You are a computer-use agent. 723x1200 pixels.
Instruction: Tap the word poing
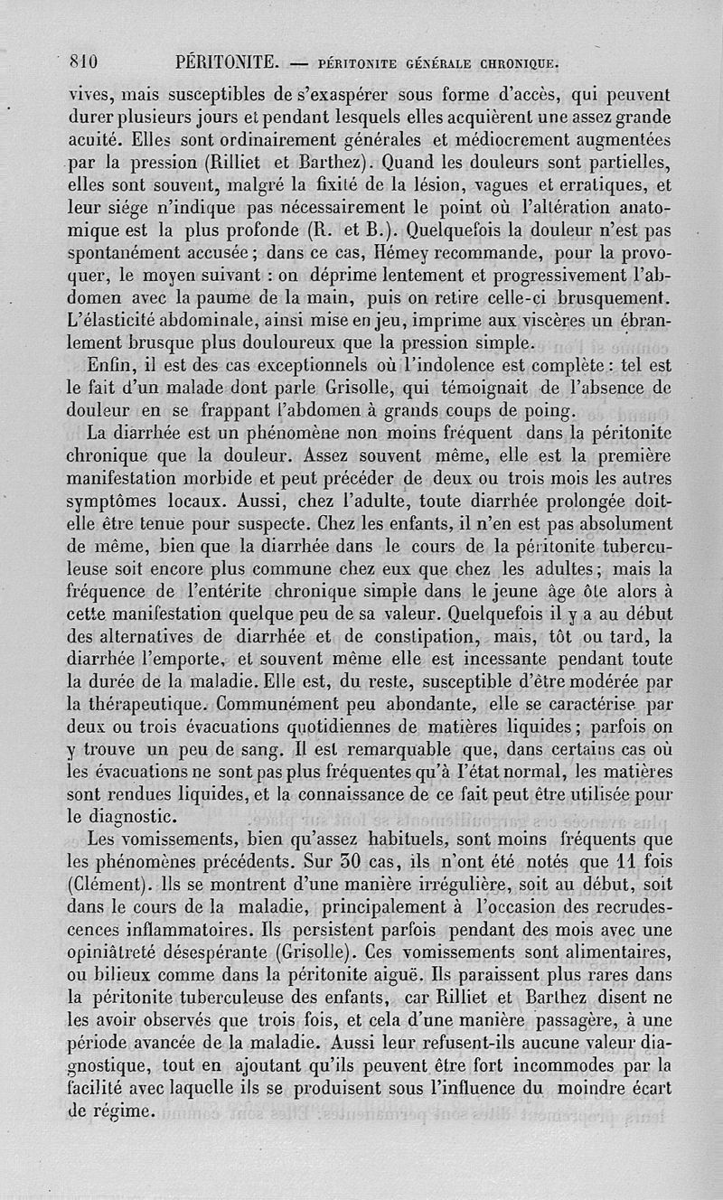(550, 412)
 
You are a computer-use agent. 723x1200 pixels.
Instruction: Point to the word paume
(226, 298)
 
